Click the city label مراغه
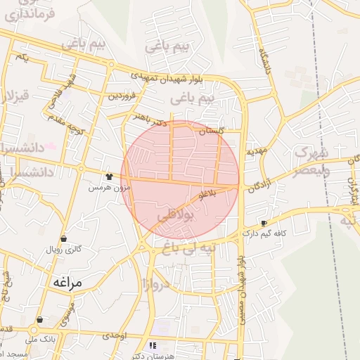(x=67, y=282)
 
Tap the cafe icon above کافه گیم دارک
(x=264, y=223)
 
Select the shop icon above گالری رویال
(x=64, y=238)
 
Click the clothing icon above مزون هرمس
(x=109, y=177)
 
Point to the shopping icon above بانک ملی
(x=39, y=320)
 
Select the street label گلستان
(x=210, y=131)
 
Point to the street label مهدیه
(x=256, y=151)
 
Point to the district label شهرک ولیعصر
(x=309, y=161)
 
